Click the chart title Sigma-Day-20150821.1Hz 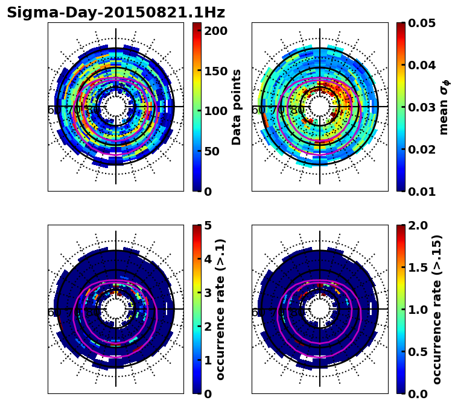pyautogui.click(x=116, y=13)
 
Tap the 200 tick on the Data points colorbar pyautogui.click(x=215, y=31)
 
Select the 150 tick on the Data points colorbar pyautogui.click(x=215, y=71)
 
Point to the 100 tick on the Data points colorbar pyautogui.click(x=215, y=111)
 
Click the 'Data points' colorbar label pyautogui.click(x=237, y=107)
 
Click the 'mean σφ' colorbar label pyautogui.click(x=444, y=107)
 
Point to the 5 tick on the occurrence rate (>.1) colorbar pyautogui.click(x=207, y=225)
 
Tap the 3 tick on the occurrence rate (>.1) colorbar pyautogui.click(x=207, y=293)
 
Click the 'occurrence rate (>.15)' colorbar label pyautogui.click(x=437, y=310)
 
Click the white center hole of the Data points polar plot pyautogui.click(x=116, y=107)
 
